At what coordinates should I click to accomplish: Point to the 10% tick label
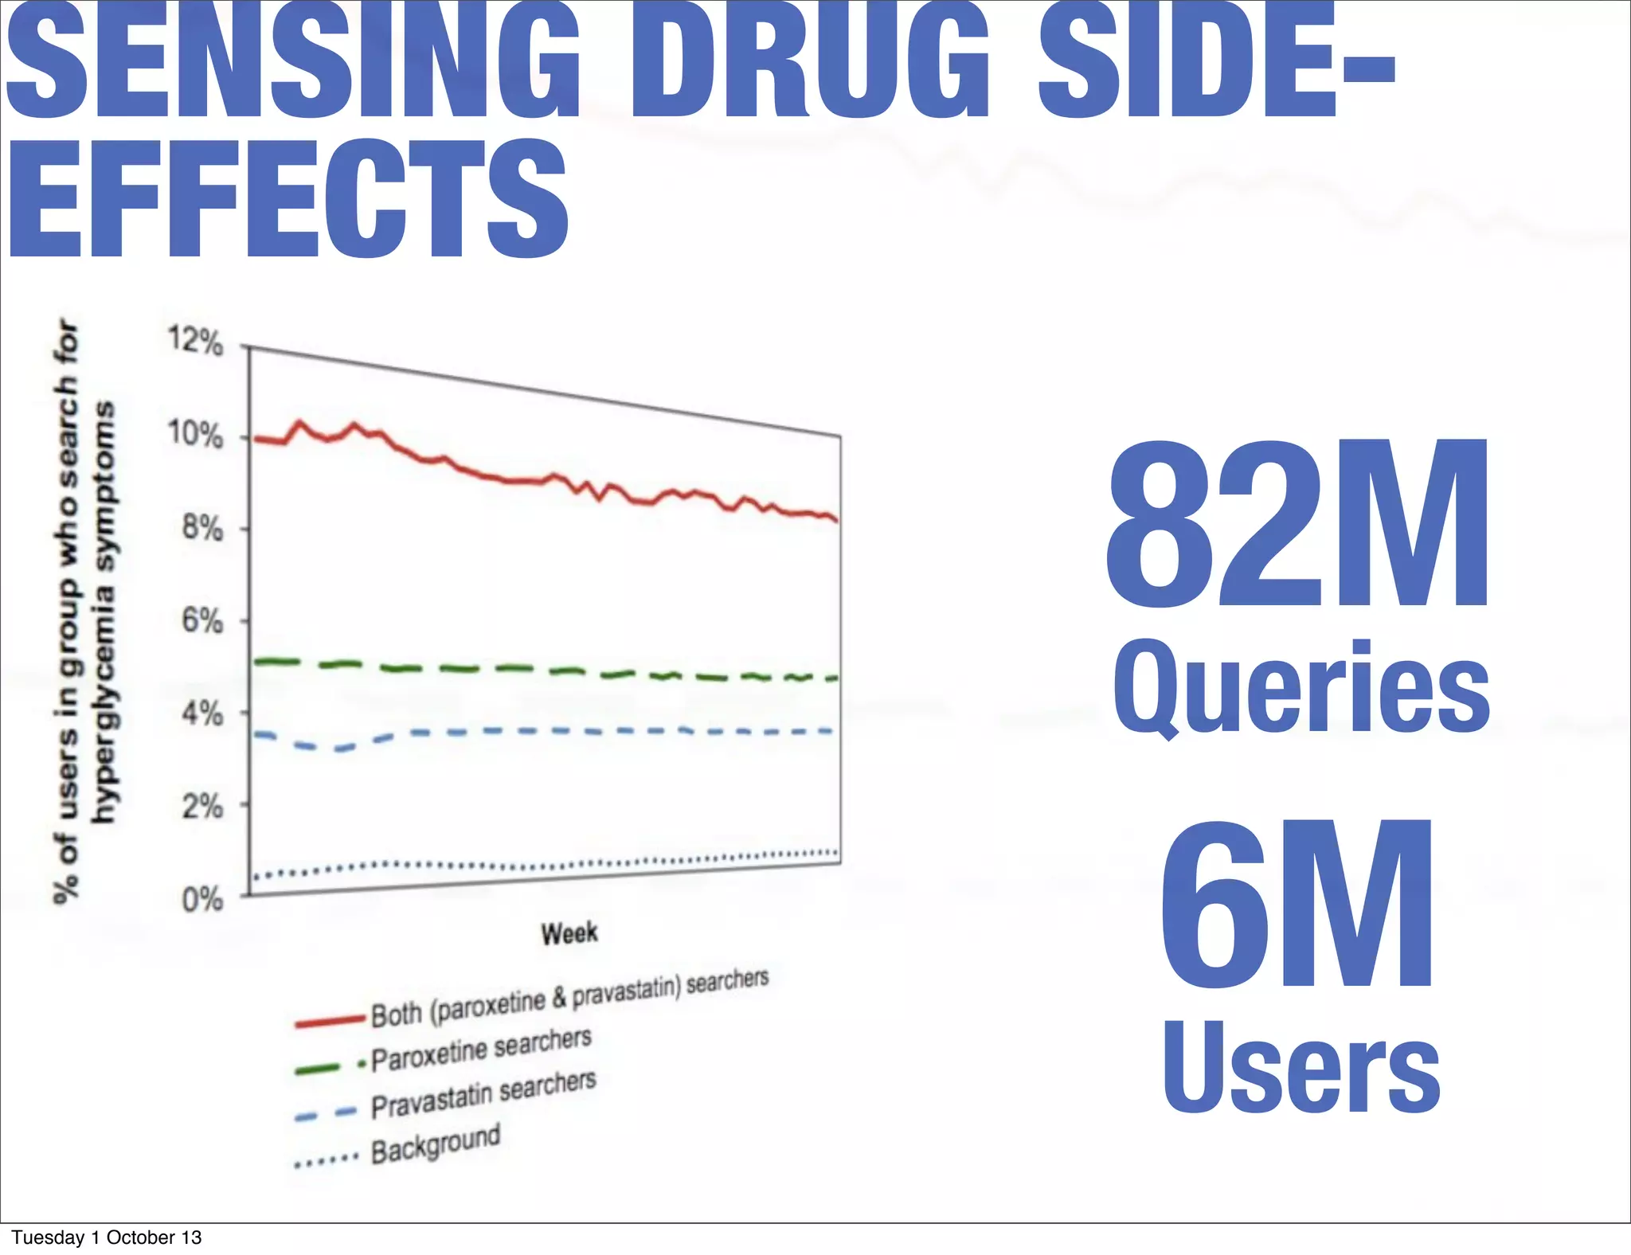(195, 435)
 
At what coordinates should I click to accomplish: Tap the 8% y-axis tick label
(202, 528)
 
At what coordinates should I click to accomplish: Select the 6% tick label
(202, 620)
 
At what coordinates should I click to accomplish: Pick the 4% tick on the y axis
(202, 713)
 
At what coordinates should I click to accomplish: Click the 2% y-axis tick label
(202, 807)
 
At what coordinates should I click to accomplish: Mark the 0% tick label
(202, 900)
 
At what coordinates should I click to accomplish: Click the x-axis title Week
(569, 933)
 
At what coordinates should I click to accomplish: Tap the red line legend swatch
(329, 1021)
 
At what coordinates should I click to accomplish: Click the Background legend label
(436, 1144)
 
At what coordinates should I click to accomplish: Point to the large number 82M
(1297, 526)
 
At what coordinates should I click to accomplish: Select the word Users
(1301, 1067)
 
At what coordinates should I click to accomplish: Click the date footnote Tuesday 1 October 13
(107, 1237)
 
